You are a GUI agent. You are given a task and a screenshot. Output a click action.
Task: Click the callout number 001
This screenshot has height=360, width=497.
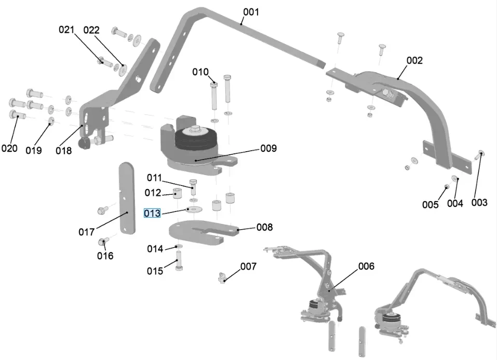(250, 11)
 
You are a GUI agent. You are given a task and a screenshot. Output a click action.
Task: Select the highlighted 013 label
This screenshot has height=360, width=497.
(152, 213)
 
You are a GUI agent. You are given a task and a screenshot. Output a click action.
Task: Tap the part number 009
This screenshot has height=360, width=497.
(268, 149)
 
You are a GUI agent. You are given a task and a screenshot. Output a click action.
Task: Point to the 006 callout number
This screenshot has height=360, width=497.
(366, 266)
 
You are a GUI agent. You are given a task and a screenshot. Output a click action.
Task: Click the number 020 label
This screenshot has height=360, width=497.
(9, 149)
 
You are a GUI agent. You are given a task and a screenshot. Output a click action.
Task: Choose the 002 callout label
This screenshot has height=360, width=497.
(414, 60)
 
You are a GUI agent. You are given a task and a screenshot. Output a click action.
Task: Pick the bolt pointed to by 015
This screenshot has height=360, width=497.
(179, 260)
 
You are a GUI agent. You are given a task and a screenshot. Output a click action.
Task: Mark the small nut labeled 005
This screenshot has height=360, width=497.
(447, 186)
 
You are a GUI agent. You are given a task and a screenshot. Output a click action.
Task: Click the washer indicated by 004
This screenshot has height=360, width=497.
(455, 179)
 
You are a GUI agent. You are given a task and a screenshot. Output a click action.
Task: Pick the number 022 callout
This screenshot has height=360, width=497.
(91, 30)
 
